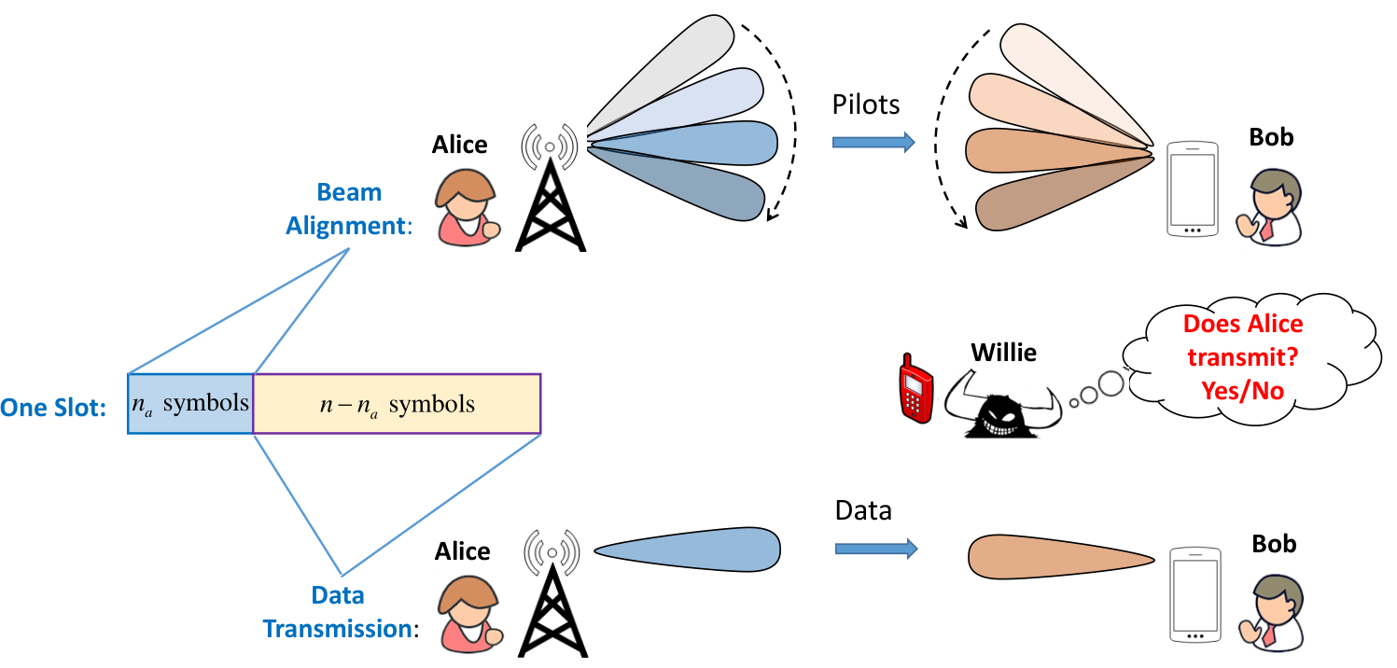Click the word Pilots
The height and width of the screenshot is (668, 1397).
coord(866,104)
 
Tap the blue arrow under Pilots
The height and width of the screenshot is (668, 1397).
coord(873,142)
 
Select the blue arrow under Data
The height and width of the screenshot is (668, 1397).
coord(876,549)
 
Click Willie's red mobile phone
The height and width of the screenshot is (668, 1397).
coord(915,389)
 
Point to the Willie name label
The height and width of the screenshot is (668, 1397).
coord(1003,353)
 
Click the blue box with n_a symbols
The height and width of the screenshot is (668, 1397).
coord(190,404)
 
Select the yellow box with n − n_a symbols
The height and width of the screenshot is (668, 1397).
coord(397,404)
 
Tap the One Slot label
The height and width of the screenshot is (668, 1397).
coord(53,408)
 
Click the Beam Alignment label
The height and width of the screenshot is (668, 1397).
coord(349,209)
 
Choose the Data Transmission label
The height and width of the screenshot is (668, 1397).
coord(341,612)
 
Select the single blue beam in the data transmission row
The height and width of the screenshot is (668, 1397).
coord(687,550)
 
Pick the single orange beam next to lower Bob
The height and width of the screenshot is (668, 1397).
coord(1060,557)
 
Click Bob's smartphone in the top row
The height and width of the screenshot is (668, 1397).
coord(1193,189)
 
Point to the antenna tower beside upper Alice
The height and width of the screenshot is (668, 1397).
coord(550,188)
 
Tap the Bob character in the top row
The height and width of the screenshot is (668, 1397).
coord(1269,207)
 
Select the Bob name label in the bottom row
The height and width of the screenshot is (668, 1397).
coord(1274,544)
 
